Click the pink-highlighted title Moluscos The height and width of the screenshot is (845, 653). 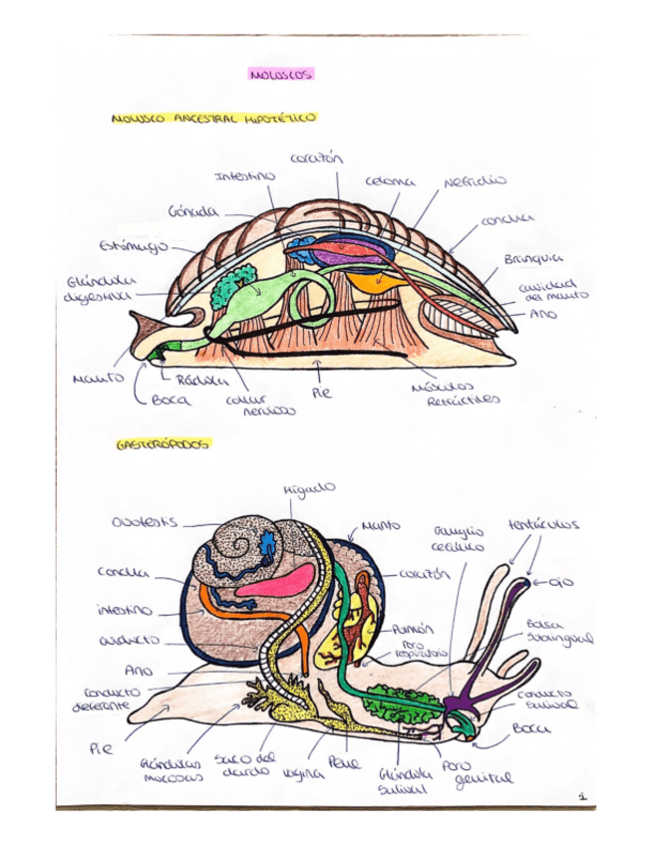(281, 74)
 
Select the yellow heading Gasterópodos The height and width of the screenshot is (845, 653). (163, 444)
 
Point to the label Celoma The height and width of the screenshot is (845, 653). (384, 182)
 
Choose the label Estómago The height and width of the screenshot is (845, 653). (135, 243)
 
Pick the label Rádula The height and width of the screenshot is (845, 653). (193, 379)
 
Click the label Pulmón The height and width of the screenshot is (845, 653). (420, 630)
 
